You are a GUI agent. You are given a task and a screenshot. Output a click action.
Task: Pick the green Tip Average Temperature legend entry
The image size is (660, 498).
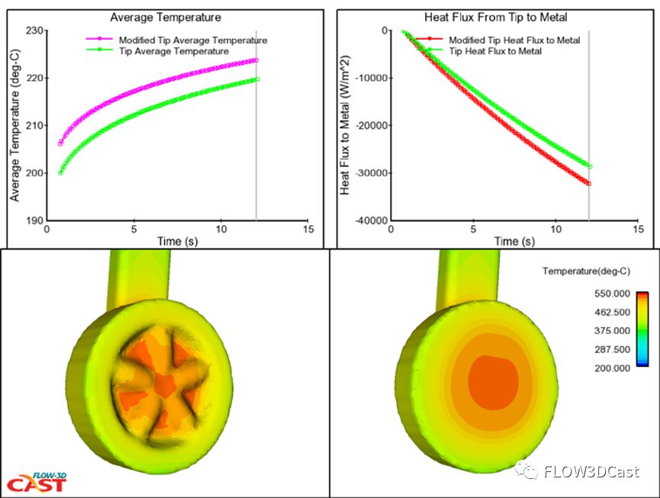(173, 51)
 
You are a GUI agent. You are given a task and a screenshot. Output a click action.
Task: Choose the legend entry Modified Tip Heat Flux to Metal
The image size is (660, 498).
(514, 40)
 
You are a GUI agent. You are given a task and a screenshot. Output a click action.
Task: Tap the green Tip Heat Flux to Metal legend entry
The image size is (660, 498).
(495, 51)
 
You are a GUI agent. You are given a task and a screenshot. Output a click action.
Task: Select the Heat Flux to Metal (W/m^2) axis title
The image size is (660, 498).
(346, 126)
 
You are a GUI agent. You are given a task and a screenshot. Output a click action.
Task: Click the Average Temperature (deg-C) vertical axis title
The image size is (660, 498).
(14, 126)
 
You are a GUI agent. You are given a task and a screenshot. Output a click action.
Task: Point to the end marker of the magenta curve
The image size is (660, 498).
(256, 60)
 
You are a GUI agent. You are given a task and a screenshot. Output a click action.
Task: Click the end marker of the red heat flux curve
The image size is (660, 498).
(589, 183)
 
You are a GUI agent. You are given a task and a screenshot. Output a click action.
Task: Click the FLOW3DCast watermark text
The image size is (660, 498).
(591, 471)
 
